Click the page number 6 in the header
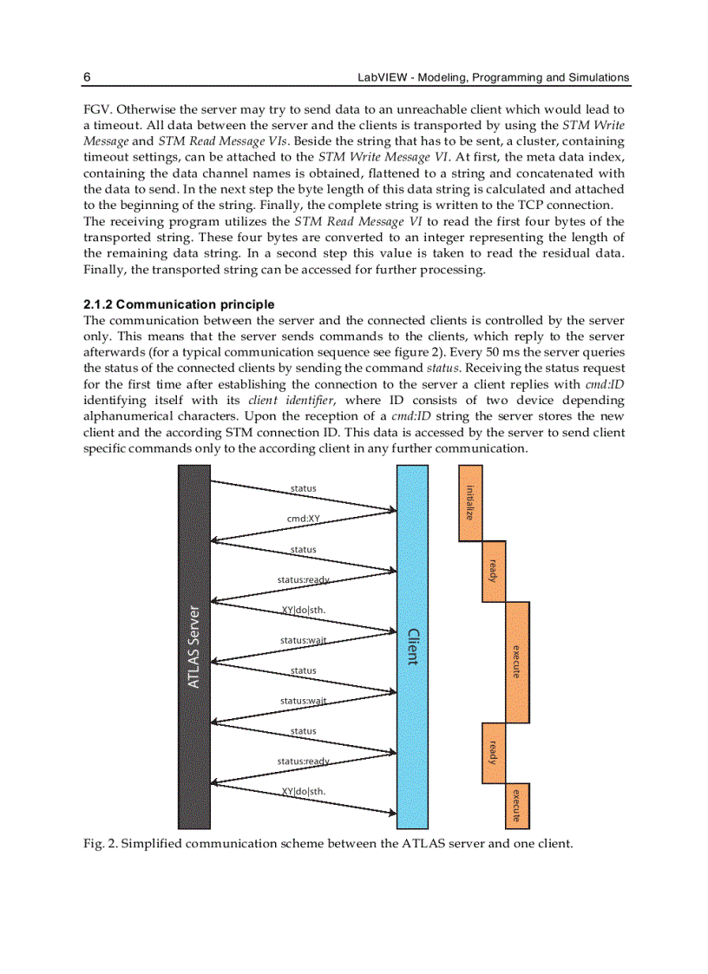[88, 77]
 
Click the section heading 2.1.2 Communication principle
[179, 304]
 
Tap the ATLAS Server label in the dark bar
[194, 646]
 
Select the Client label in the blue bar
[412, 646]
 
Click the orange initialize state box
[470, 503]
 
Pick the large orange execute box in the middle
[517, 662]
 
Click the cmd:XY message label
[304, 519]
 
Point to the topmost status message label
[304, 488]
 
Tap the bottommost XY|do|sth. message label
[304, 791]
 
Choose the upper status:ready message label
[303, 579]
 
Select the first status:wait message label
[303, 640]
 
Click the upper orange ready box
[494, 571]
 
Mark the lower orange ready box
[494, 752]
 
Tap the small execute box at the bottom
[517, 807]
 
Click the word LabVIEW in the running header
[380, 77]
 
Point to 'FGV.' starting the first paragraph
[96, 109]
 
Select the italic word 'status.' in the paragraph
[449, 369]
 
